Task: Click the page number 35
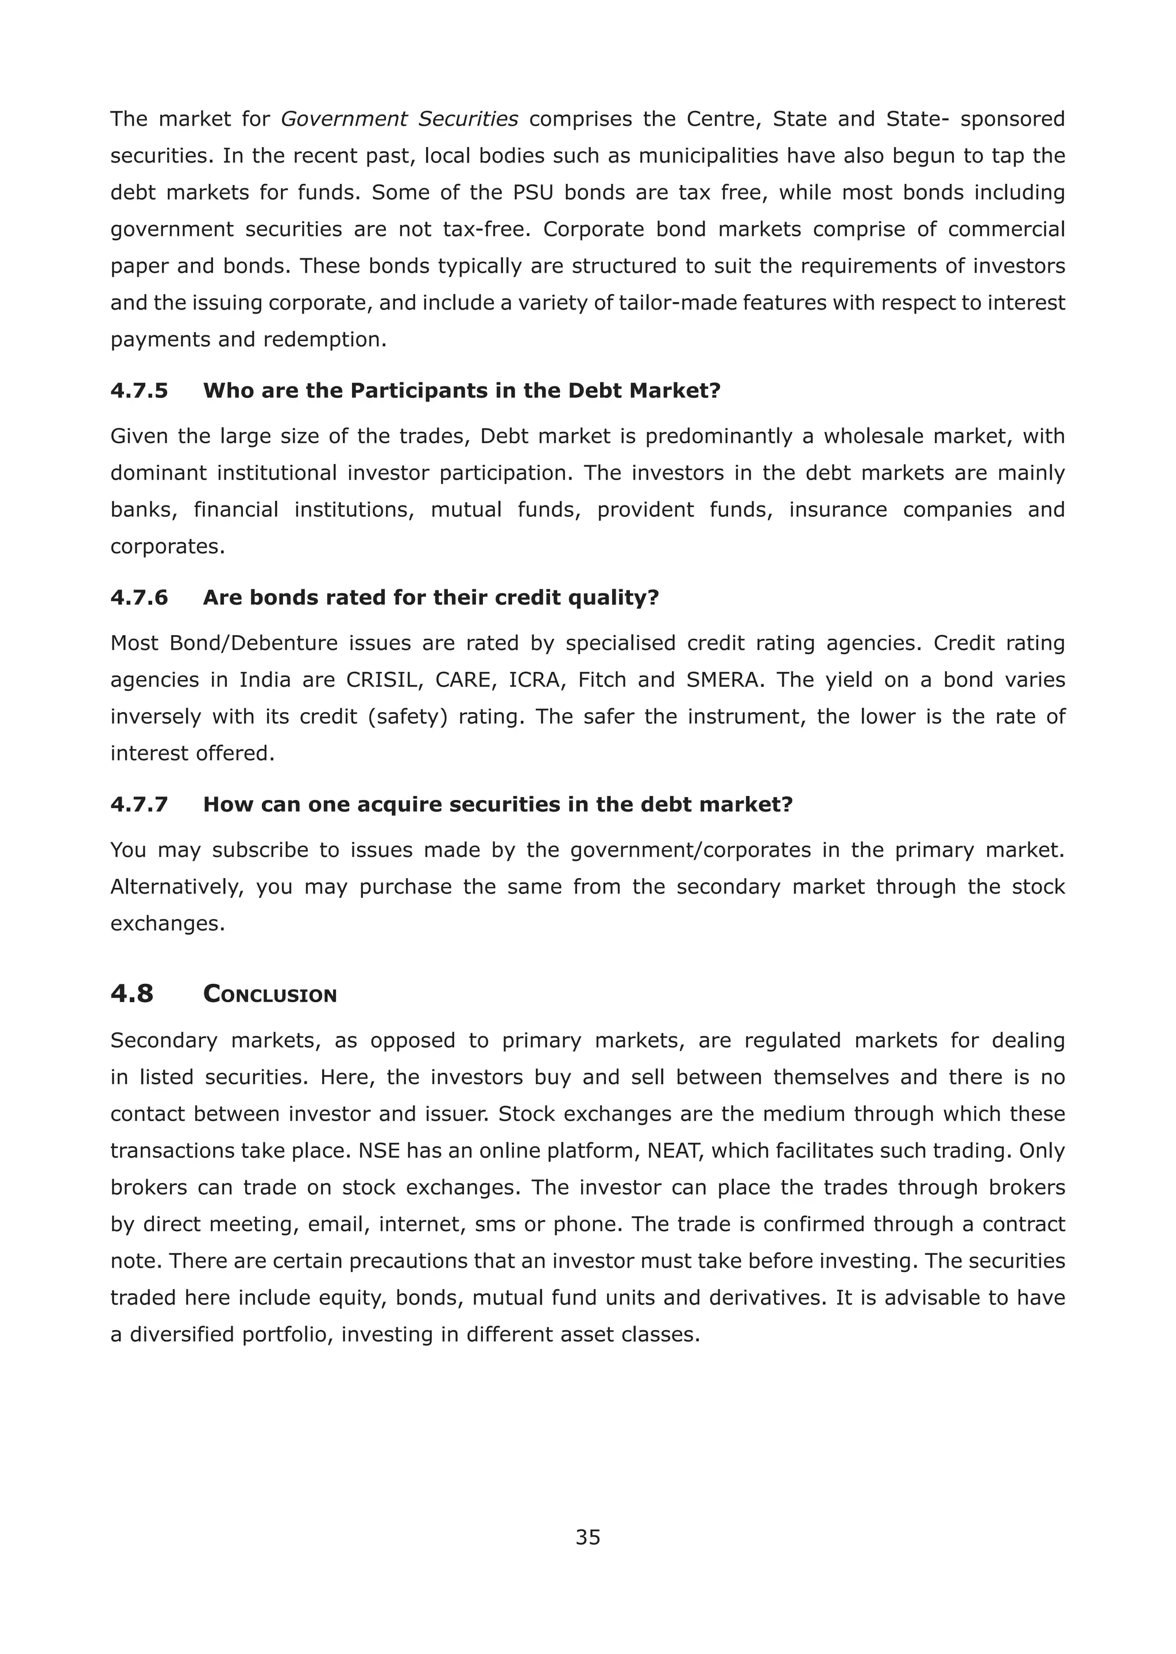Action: click(x=587, y=1537)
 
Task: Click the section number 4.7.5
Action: click(x=139, y=391)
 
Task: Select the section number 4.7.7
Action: click(x=139, y=805)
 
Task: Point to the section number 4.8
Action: click(x=132, y=994)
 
